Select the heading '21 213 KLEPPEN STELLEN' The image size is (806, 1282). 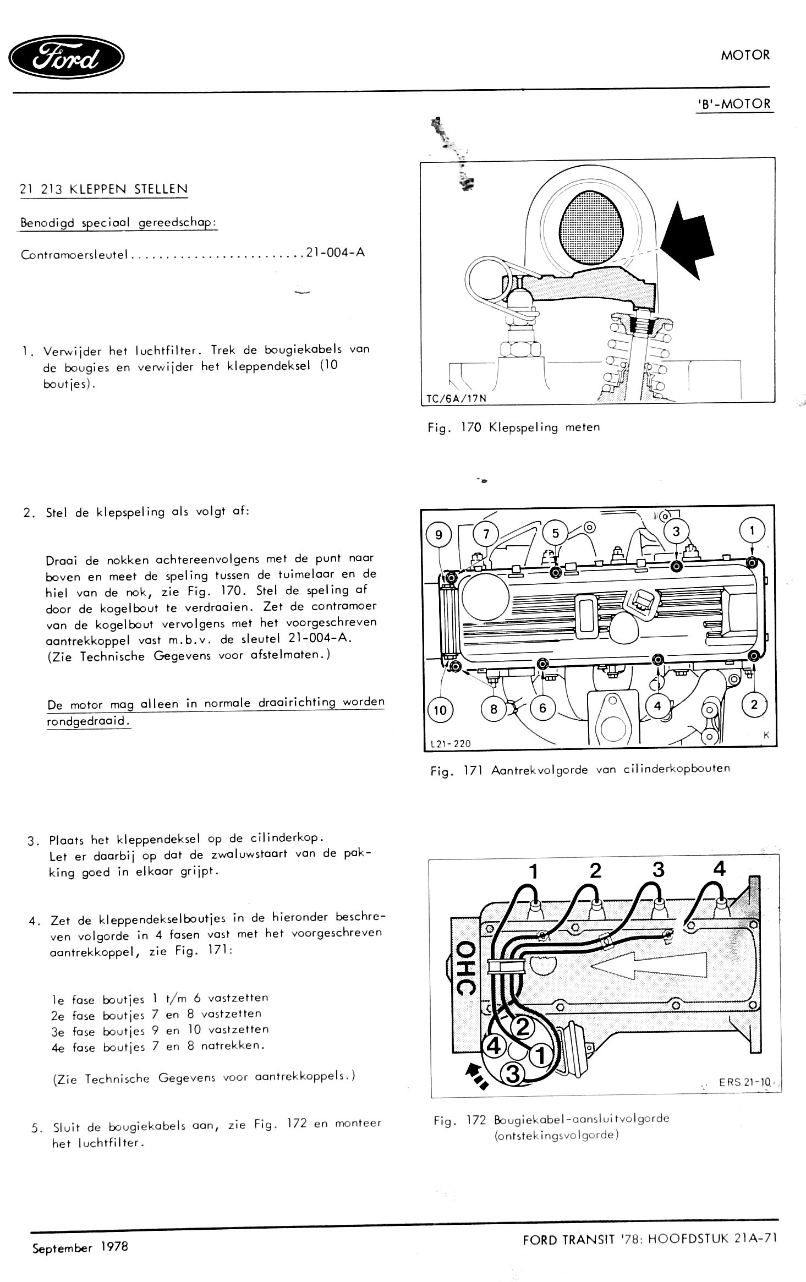pos(103,189)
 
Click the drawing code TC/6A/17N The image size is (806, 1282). pos(455,398)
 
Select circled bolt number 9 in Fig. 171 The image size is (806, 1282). pos(438,535)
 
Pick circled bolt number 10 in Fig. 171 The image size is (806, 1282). pos(440,710)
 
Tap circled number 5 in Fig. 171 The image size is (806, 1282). pos(555,533)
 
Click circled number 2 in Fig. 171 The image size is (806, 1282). pos(754,705)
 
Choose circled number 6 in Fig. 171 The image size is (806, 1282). pos(542,708)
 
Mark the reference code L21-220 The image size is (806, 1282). pos(451,744)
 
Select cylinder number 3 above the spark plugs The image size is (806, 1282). pos(658,870)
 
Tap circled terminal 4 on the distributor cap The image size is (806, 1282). pos(495,1045)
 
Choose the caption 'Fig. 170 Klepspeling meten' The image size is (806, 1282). pos(513,428)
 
